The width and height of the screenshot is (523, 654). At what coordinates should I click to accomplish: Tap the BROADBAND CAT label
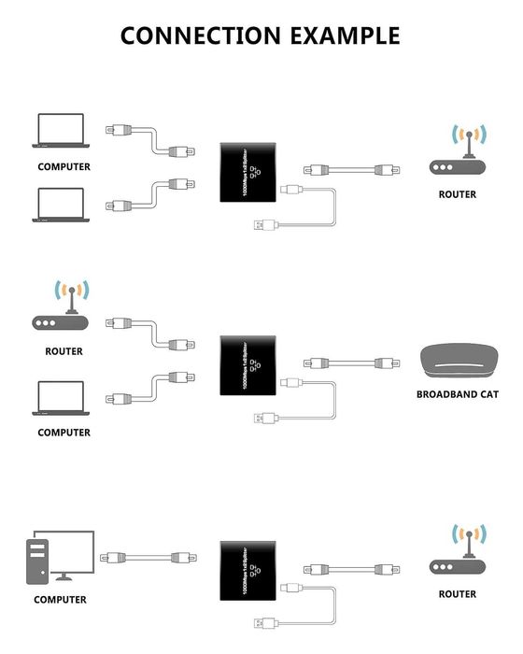[457, 394]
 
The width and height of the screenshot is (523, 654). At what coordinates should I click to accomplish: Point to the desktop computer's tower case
[36, 564]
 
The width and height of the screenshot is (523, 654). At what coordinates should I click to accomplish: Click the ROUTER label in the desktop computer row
[457, 594]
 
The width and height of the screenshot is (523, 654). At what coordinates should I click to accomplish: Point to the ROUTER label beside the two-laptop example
[457, 194]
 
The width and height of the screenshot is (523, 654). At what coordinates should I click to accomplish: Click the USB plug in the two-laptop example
[261, 224]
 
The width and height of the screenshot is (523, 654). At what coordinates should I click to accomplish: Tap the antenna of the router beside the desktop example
[467, 540]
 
